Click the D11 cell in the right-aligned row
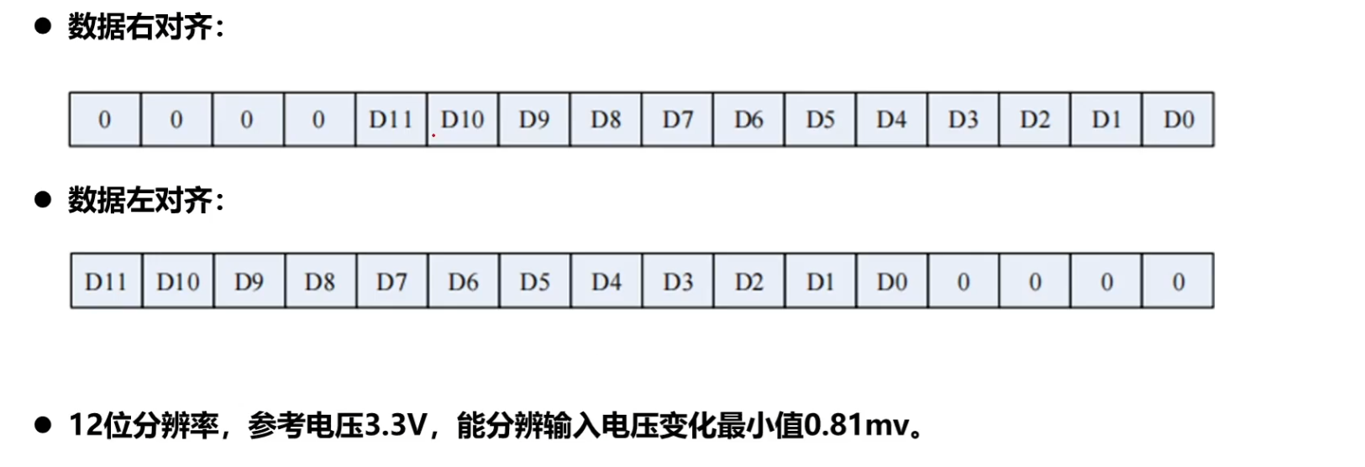click(391, 120)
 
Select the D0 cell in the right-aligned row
click(1178, 120)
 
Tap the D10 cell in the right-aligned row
click(462, 120)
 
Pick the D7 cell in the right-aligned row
click(677, 120)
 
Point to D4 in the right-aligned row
click(891, 120)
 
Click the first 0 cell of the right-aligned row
click(104, 120)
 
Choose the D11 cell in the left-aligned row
click(106, 281)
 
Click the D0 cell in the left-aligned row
click(891, 281)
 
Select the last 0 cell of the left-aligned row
click(1178, 281)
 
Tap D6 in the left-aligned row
click(463, 281)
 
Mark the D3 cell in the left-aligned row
click(677, 281)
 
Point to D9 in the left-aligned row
click(249, 281)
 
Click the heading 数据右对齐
click(144, 27)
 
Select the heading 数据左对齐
click(144, 200)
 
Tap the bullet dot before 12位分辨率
click(42, 425)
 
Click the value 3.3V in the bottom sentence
click(396, 426)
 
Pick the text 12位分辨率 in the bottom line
click(144, 426)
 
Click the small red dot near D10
click(433, 135)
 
